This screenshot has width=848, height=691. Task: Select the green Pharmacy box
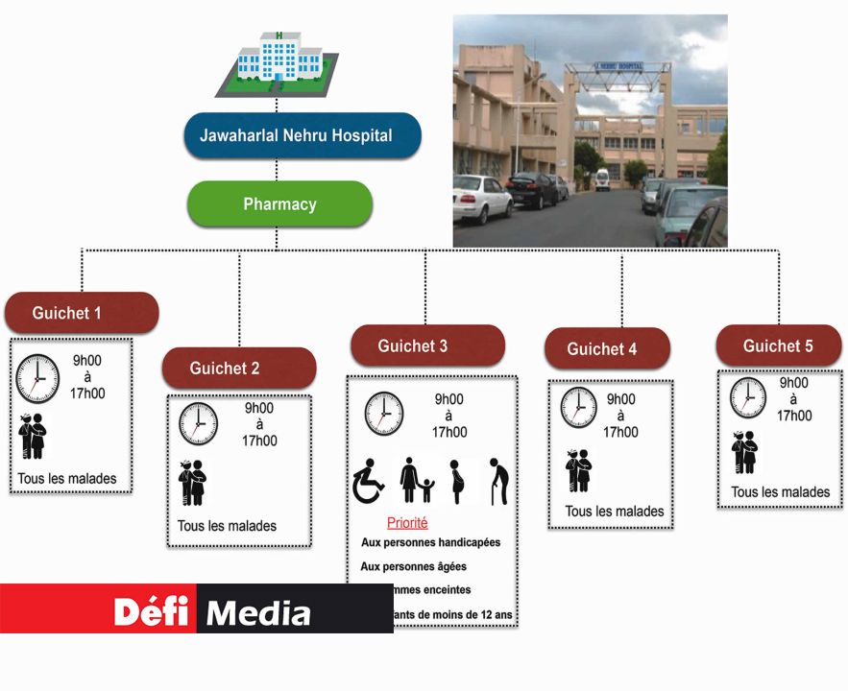pyautogui.click(x=279, y=204)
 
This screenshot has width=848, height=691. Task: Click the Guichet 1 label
pyautogui.click(x=81, y=313)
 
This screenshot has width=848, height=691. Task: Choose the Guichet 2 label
pyautogui.click(x=238, y=369)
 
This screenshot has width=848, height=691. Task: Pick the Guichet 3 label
pyautogui.click(x=426, y=345)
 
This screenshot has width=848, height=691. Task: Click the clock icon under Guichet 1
pyautogui.click(x=37, y=378)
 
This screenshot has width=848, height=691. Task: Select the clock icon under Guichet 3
pyautogui.click(x=384, y=414)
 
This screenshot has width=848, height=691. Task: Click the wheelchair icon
pyautogui.click(x=369, y=481)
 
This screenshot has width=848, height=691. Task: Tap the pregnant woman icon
pyautogui.click(x=457, y=481)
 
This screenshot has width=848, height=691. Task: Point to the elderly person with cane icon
pyautogui.click(x=497, y=481)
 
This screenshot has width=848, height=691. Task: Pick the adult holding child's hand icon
pyautogui.click(x=415, y=481)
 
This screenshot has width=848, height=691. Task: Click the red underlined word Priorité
pyautogui.click(x=407, y=523)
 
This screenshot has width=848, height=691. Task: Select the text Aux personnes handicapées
pyautogui.click(x=430, y=542)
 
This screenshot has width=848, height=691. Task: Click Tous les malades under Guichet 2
pyautogui.click(x=227, y=526)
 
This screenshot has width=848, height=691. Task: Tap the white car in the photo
pyautogui.click(x=482, y=198)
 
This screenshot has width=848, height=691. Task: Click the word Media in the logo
pyautogui.click(x=259, y=612)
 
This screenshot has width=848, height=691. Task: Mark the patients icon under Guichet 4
pyautogui.click(x=578, y=470)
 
